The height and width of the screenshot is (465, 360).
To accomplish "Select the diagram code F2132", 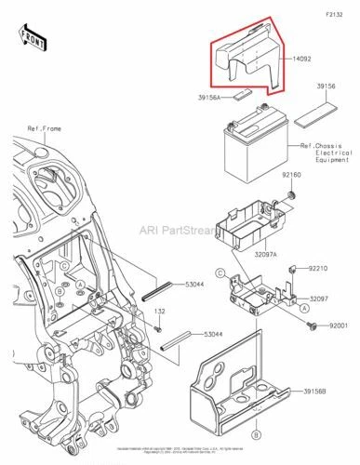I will (x=336, y=16).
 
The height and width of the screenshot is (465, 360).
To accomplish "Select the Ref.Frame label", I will (x=45, y=127).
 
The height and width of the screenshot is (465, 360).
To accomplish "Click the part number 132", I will (x=159, y=312).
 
